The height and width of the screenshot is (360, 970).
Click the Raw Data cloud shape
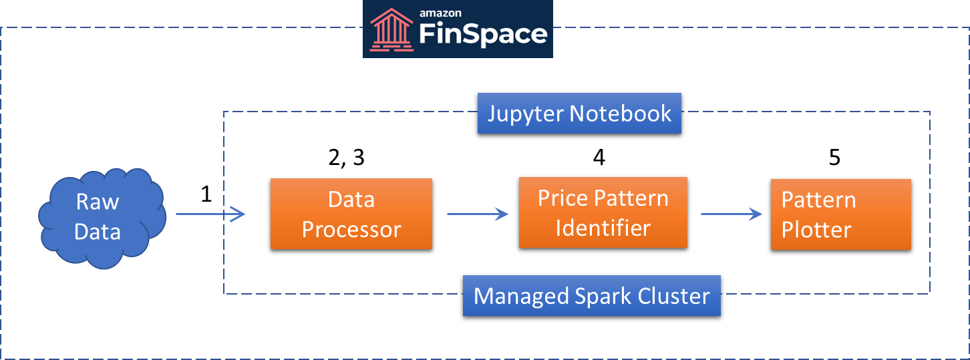102,218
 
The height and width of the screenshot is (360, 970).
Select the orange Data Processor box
351,214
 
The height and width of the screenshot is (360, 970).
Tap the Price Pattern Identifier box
603,212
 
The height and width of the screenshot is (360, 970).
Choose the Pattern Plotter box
841,214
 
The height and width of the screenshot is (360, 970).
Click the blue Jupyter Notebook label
579,114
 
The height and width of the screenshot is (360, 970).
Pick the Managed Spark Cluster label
592,296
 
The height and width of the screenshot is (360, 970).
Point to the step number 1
206,194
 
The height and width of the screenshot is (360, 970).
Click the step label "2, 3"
347,157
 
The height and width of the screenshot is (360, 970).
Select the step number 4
599,157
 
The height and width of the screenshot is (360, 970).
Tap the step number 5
834,157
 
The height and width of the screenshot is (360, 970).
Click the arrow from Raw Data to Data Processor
210,214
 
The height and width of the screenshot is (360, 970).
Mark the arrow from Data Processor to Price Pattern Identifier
478,214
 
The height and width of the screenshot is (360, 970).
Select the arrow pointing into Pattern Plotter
732,214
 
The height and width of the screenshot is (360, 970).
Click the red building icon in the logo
391,29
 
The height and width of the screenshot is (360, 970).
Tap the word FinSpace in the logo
483,35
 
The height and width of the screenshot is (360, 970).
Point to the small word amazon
440,13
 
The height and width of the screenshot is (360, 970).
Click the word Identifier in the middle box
603,228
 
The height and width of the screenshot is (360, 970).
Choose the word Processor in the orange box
351,230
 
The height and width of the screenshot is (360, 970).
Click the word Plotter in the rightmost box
816,230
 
